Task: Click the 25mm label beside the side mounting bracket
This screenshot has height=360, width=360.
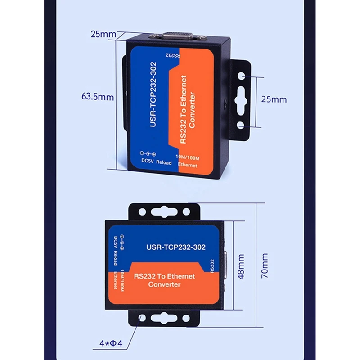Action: tap(274, 99)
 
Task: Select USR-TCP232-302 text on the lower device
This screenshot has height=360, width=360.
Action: tap(172, 247)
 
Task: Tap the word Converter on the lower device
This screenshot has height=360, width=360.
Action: tap(164, 284)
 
